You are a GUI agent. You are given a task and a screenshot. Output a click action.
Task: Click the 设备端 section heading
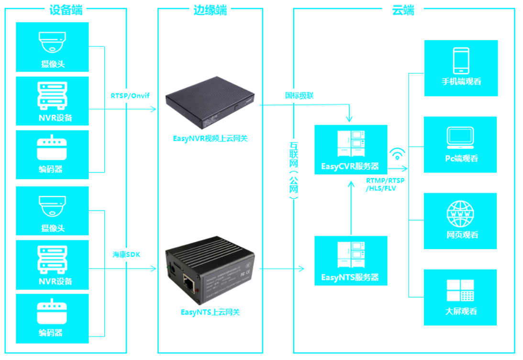pos(66,10)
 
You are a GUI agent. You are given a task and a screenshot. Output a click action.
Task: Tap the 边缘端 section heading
pos(210,10)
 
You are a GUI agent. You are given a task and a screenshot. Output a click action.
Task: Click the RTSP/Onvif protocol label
pos(130,96)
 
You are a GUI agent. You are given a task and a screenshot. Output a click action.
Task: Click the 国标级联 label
pos(300,95)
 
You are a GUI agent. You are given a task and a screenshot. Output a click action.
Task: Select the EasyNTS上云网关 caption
pos(210,312)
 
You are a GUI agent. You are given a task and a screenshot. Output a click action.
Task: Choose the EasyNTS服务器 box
pos(351,261)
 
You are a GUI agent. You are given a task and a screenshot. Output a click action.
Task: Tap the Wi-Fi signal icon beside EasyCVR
pos(398,154)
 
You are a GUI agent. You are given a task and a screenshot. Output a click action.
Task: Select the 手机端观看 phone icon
pos(461,60)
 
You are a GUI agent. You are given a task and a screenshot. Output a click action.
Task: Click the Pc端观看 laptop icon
pos(460,136)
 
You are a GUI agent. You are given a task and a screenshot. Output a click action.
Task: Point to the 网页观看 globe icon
pos(460,214)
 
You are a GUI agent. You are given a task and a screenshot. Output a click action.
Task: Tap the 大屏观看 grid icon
pos(460,290)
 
